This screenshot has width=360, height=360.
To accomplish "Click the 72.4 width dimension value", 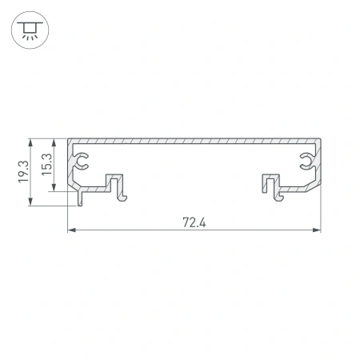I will coord(194,222).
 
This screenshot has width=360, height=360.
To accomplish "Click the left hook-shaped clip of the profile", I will coord(118,187).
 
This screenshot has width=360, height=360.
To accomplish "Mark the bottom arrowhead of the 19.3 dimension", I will coord(31,204).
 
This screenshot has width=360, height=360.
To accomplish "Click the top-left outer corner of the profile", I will coord(68,138).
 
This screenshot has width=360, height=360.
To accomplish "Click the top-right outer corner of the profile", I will coord(320,138).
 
